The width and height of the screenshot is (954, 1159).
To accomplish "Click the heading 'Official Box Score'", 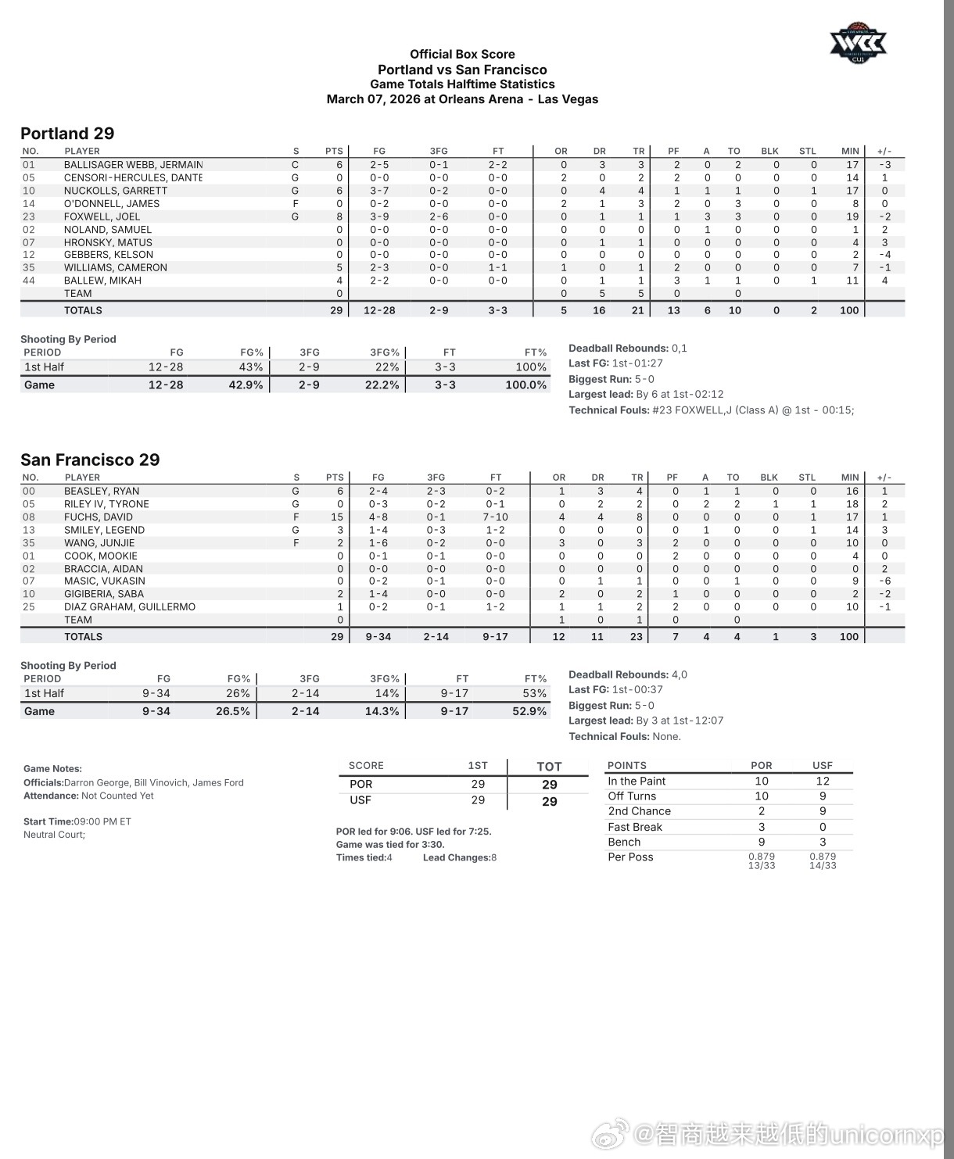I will click(x=462, y=54).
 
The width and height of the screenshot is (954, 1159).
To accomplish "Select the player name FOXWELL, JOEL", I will click(x=102, y=216).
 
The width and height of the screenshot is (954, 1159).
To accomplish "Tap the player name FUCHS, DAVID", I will click(x=99, y=517).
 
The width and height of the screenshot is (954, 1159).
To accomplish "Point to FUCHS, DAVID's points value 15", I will click(x=337, y=517).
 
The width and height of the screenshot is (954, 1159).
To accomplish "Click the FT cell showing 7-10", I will click(x=496, y=517).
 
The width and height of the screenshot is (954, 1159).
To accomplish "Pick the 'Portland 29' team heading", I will click(x=67, y=134).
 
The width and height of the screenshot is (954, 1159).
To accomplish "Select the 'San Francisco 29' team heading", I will click(x=90, y=460).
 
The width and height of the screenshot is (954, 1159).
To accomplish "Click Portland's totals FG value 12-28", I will click(x=379, y=310).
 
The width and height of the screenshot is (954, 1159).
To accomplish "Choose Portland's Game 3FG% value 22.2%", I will click(x=382, y=385).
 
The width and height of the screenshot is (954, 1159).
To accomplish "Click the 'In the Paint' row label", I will click(x=637, y=781).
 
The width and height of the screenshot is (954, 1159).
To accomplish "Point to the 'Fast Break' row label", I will click(x=635, y=827).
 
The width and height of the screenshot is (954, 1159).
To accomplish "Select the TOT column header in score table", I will click(x=549, y=767).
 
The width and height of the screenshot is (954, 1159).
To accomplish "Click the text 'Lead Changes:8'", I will click(x=460, y=857).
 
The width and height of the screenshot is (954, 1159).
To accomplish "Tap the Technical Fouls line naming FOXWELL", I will click(x=711, y=410).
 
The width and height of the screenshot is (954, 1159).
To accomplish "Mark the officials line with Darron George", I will click(x=134, y=782).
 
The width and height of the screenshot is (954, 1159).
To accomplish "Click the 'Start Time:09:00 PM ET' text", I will click(x=77, y=821).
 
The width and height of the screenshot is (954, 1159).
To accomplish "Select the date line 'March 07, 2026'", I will click(x=462, y=99).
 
